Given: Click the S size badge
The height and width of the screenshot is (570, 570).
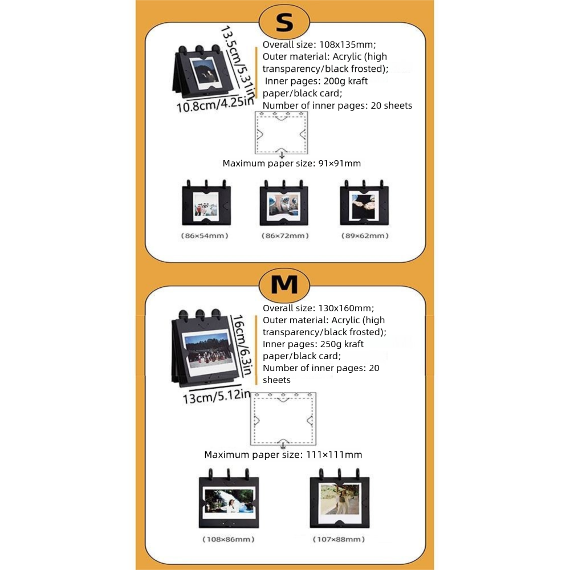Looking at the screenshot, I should (284, 23).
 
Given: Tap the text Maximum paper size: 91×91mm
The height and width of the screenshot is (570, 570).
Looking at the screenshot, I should (291, 163).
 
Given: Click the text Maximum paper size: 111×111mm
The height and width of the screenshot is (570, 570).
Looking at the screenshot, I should (283, 454).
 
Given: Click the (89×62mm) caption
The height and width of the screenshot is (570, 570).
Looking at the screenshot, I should (364, 235).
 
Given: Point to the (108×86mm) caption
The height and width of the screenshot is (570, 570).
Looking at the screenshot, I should (228, 539).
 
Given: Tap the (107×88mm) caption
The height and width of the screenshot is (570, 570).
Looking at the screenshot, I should (339, 539).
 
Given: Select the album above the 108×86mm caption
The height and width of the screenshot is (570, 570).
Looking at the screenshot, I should (228, 500).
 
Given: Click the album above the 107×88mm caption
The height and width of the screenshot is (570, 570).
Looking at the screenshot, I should (339, 500).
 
